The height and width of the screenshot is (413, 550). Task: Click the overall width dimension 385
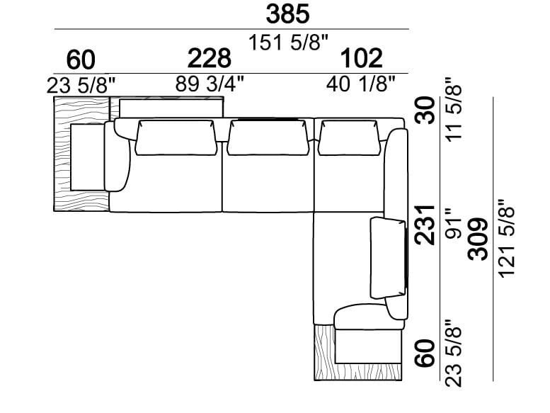pos(287,14)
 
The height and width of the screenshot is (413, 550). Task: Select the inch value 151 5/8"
pos(290,43)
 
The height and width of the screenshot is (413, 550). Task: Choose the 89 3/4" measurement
pos(210,84)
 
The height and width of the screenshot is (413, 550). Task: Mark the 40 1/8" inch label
pos(361,84)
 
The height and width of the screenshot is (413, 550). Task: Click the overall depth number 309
pos(479,239)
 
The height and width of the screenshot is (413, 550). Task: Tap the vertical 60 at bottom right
pos(425,352)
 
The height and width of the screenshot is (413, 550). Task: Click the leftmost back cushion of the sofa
pos(175,137)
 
